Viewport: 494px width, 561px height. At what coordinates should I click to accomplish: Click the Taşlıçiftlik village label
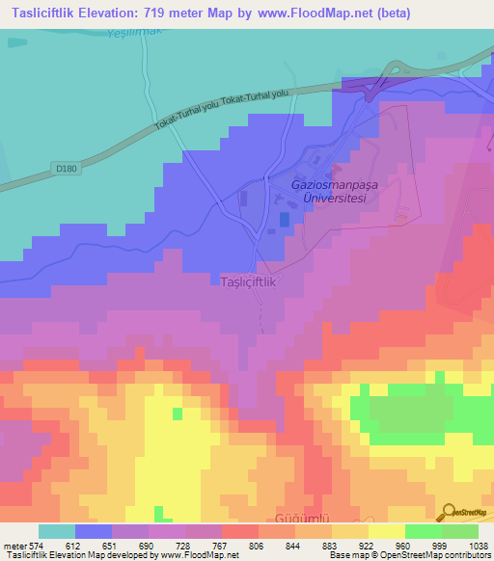pyautogui.click(x=249, y=282)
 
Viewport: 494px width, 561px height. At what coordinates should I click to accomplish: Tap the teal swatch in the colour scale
pyautogui.click(x=57, y=531)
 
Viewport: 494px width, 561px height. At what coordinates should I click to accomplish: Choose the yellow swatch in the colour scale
pyautogui.click(x=386, y=531)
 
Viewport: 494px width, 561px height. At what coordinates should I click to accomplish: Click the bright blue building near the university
pyautogui.click(x=283, y=220)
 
